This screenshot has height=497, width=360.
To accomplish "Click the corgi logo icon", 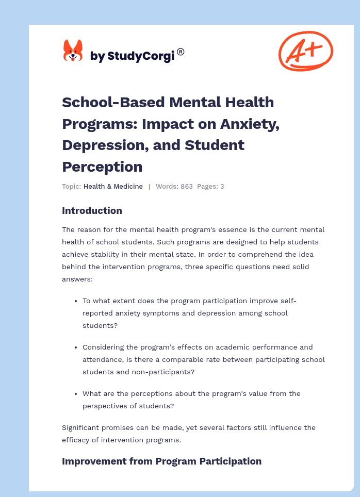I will tap(73, 51).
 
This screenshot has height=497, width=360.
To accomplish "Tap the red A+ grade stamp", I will tap(305, 51).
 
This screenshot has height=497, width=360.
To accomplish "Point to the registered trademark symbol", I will tap(181, 52).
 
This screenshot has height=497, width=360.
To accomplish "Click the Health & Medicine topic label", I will tap(113, 187).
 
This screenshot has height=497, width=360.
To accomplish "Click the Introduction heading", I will tap(92, 210).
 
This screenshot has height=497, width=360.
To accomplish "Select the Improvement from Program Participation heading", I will tap(161, 461).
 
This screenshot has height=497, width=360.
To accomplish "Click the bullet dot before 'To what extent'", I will tap(76, 301).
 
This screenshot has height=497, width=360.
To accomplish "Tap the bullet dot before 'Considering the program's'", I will tap(76, 347).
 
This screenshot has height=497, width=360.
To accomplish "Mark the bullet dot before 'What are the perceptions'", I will tap(76, 394).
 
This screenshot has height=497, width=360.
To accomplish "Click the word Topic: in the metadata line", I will tap(71, 187).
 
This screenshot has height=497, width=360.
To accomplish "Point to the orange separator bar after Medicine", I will tap(149, 187).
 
